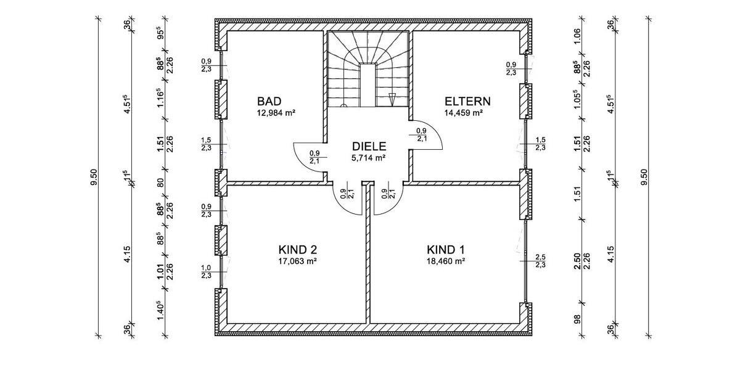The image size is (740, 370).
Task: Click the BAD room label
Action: (269, 101)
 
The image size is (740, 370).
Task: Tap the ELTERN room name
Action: (467, 101)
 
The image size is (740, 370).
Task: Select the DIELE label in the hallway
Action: (369, 146)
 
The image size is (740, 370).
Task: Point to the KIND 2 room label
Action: (298, 249)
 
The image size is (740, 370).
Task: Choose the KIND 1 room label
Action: (446, 249)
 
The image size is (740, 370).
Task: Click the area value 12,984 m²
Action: (276, 113)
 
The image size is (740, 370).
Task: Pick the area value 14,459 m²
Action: (464, 113)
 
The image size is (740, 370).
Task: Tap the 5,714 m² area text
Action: (369, 158)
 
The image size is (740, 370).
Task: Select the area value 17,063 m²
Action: (298, 261)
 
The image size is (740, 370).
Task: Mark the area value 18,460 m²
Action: (446, 261)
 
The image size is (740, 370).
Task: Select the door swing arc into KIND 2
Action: (342, 205)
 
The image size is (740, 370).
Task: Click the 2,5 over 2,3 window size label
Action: (540, 261)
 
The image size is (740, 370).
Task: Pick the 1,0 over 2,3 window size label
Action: (207, 271)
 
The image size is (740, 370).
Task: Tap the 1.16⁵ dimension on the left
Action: (161, 97)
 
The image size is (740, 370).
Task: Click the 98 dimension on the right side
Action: (577, 319)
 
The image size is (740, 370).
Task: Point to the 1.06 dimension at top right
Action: (577, 36)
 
